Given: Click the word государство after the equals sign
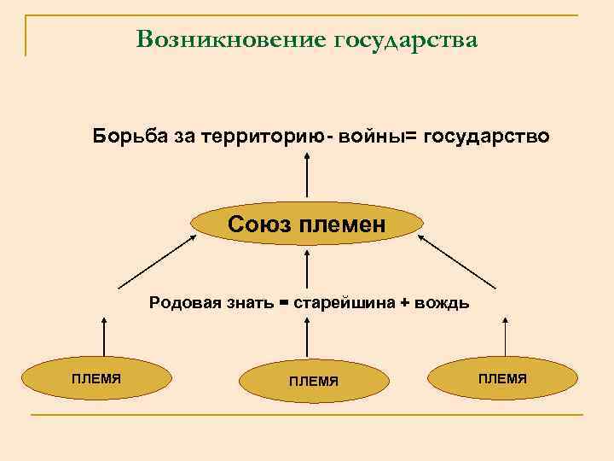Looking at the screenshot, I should [486, 137].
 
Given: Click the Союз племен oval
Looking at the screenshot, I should [307, 225].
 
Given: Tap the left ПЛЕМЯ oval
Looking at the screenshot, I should [96, 378].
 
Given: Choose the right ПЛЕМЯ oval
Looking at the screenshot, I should [502, 378].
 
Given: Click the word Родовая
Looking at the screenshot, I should [178, 302].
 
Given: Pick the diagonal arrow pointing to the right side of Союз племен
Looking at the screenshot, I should [457, 261].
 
